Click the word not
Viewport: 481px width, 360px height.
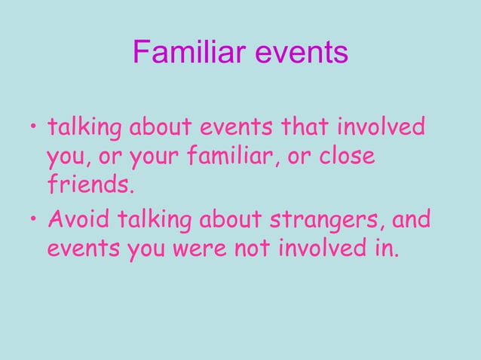pos(249,248)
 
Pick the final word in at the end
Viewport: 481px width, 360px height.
pos(385,247)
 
